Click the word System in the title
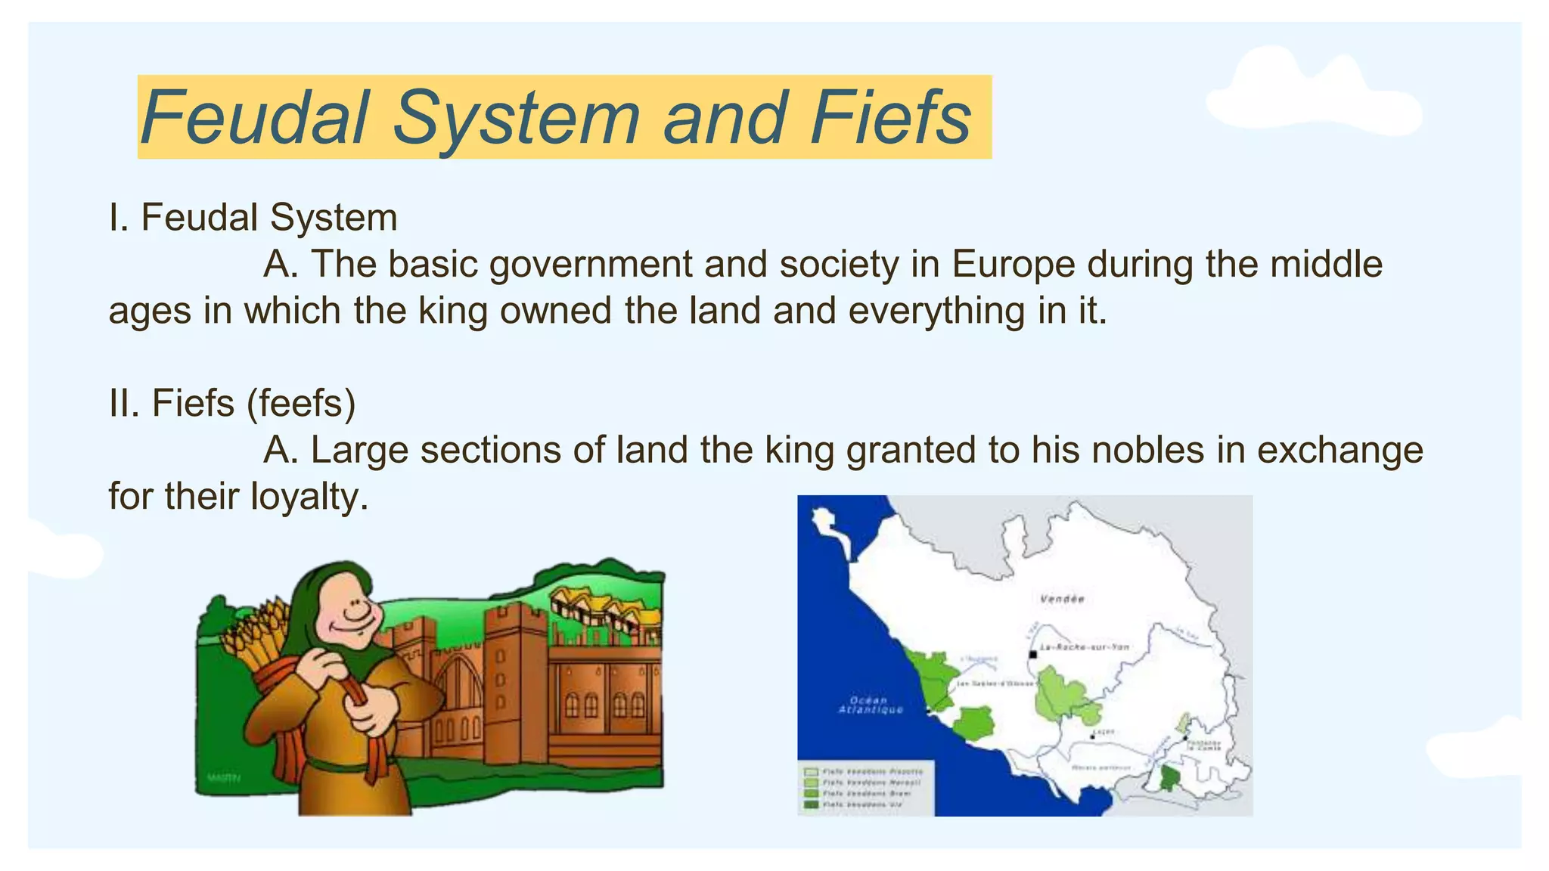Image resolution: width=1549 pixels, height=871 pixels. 516,118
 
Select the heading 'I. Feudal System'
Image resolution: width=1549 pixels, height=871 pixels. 253,218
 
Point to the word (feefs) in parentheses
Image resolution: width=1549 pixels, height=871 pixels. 300,403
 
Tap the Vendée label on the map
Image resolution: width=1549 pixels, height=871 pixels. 1061,599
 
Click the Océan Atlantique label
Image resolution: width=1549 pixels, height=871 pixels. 871,705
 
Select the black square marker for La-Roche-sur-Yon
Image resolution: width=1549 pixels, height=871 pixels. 1032,654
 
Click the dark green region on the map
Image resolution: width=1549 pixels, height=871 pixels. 1169,777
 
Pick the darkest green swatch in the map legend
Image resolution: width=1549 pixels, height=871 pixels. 812,804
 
